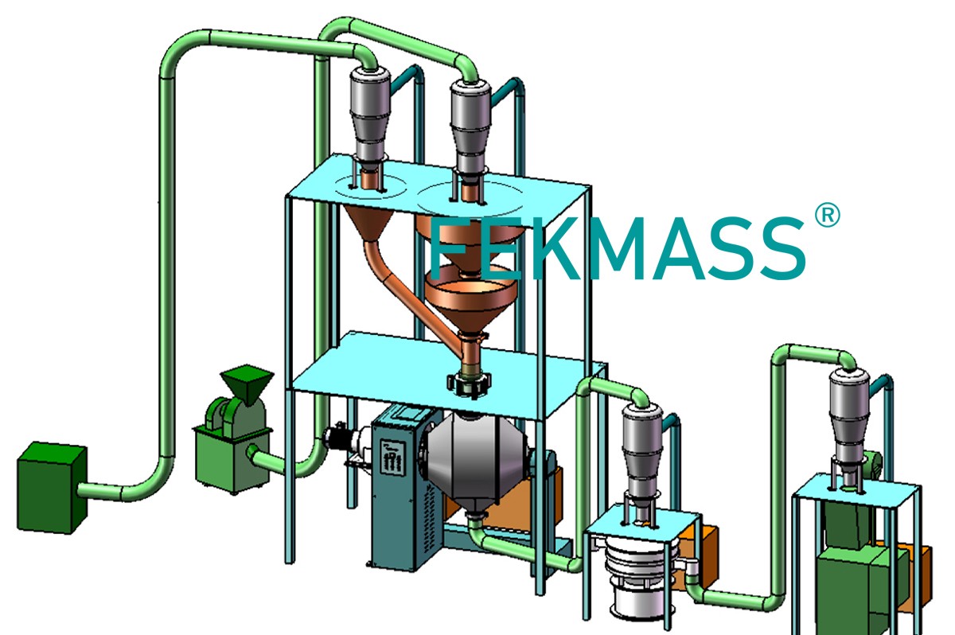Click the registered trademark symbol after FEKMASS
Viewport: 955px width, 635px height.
(827, 215)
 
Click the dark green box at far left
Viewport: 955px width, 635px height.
(52, 487)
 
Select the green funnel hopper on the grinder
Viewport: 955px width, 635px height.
(247, 384)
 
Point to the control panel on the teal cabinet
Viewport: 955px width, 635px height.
(392, 457)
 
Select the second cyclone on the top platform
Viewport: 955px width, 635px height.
(470, 128)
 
